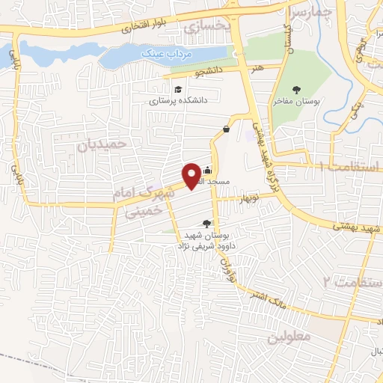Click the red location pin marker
point(192,175)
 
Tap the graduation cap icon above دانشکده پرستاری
point(177,90)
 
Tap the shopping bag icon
point(226,129)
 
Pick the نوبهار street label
point(248,197)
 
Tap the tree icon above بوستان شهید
point(207,223)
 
